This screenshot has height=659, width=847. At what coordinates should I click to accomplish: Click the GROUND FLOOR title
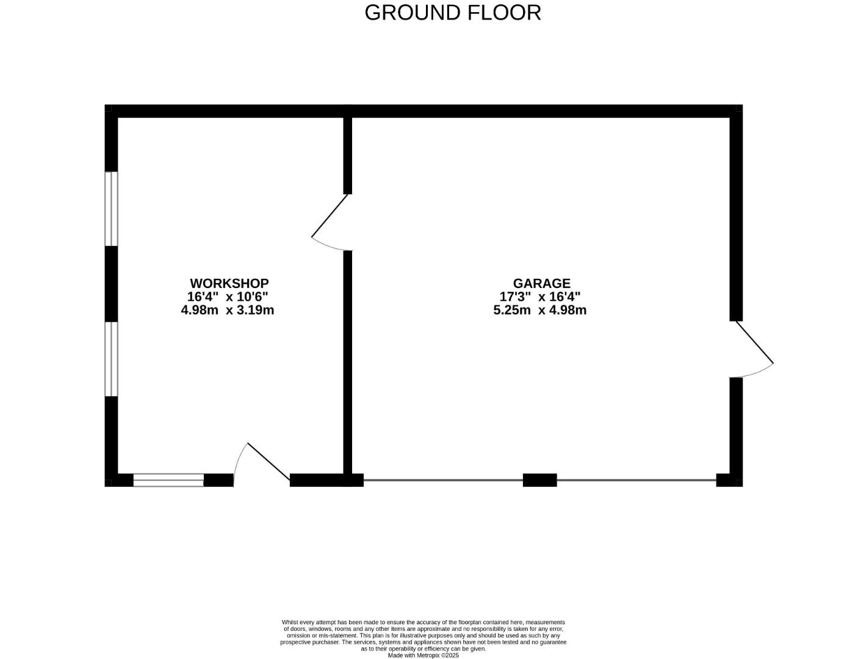(452, 13)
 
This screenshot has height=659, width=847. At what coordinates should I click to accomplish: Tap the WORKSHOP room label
(229, 283)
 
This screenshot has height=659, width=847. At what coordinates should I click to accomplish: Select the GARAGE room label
(541, 283)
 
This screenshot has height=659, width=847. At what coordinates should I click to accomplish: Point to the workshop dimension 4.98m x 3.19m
(227, 310)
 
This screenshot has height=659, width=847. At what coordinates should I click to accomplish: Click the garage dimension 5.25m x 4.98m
(539, 310)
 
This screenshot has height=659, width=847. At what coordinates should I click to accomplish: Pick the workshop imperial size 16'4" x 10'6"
(227, 297)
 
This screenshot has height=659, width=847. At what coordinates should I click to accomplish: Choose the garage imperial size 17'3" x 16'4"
(539, 297)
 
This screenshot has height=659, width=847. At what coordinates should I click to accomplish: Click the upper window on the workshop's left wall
(111, 209)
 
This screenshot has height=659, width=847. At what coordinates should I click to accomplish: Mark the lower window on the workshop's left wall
(111, 359)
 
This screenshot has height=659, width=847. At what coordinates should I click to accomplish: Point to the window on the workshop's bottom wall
(168, 480)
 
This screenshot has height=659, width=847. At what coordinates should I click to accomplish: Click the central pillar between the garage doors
(539, 480)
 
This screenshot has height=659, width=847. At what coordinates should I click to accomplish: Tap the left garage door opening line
(443, 480)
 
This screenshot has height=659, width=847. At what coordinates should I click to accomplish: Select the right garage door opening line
(636, 480)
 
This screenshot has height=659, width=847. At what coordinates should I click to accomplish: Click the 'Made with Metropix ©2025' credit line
(423, 655)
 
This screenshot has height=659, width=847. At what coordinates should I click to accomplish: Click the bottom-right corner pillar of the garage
(729, 480)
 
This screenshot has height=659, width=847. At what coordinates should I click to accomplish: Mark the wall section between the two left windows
(111, 284)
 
